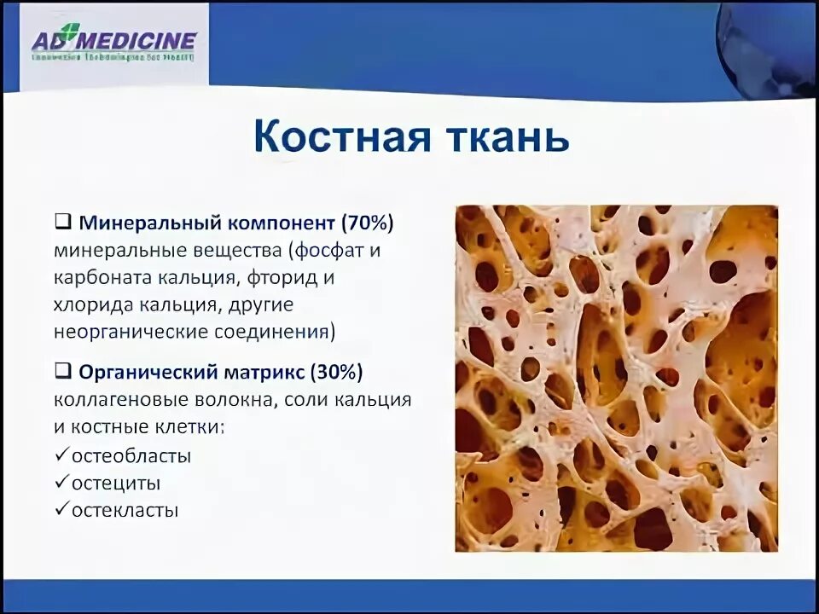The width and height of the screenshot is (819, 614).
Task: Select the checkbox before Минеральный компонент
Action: click(x=62, y=223)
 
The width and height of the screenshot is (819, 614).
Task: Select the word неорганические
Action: click(x=122, y=331)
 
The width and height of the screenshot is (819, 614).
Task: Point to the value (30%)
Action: click(x=336, y=372)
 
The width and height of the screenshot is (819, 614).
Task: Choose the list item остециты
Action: click(x=116, y=483)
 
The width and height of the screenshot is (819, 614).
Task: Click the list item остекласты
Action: click(x=125, y=510)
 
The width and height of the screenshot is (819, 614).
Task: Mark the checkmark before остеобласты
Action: click(x=61, y=455)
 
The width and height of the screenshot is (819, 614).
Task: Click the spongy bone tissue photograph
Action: click(x=616, y=378)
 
